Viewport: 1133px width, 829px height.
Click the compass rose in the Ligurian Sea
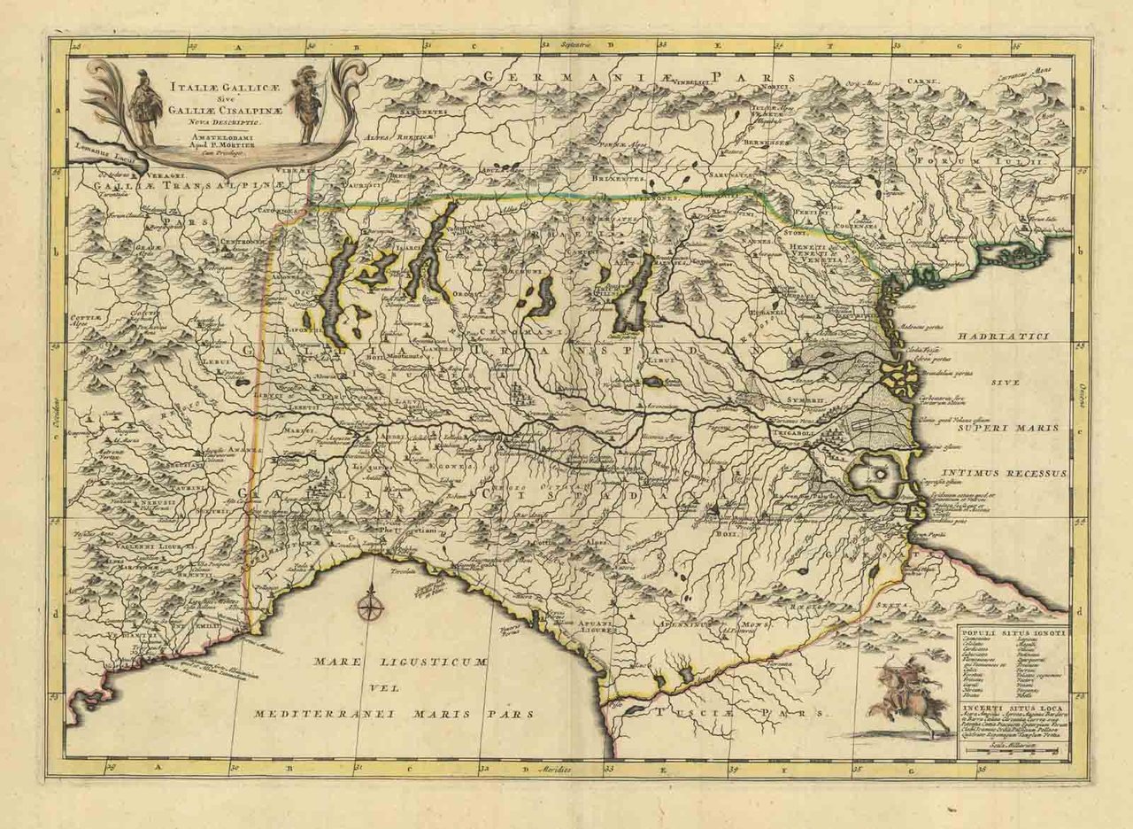coord(370,608)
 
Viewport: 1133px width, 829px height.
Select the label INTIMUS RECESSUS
coord(1005,474)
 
